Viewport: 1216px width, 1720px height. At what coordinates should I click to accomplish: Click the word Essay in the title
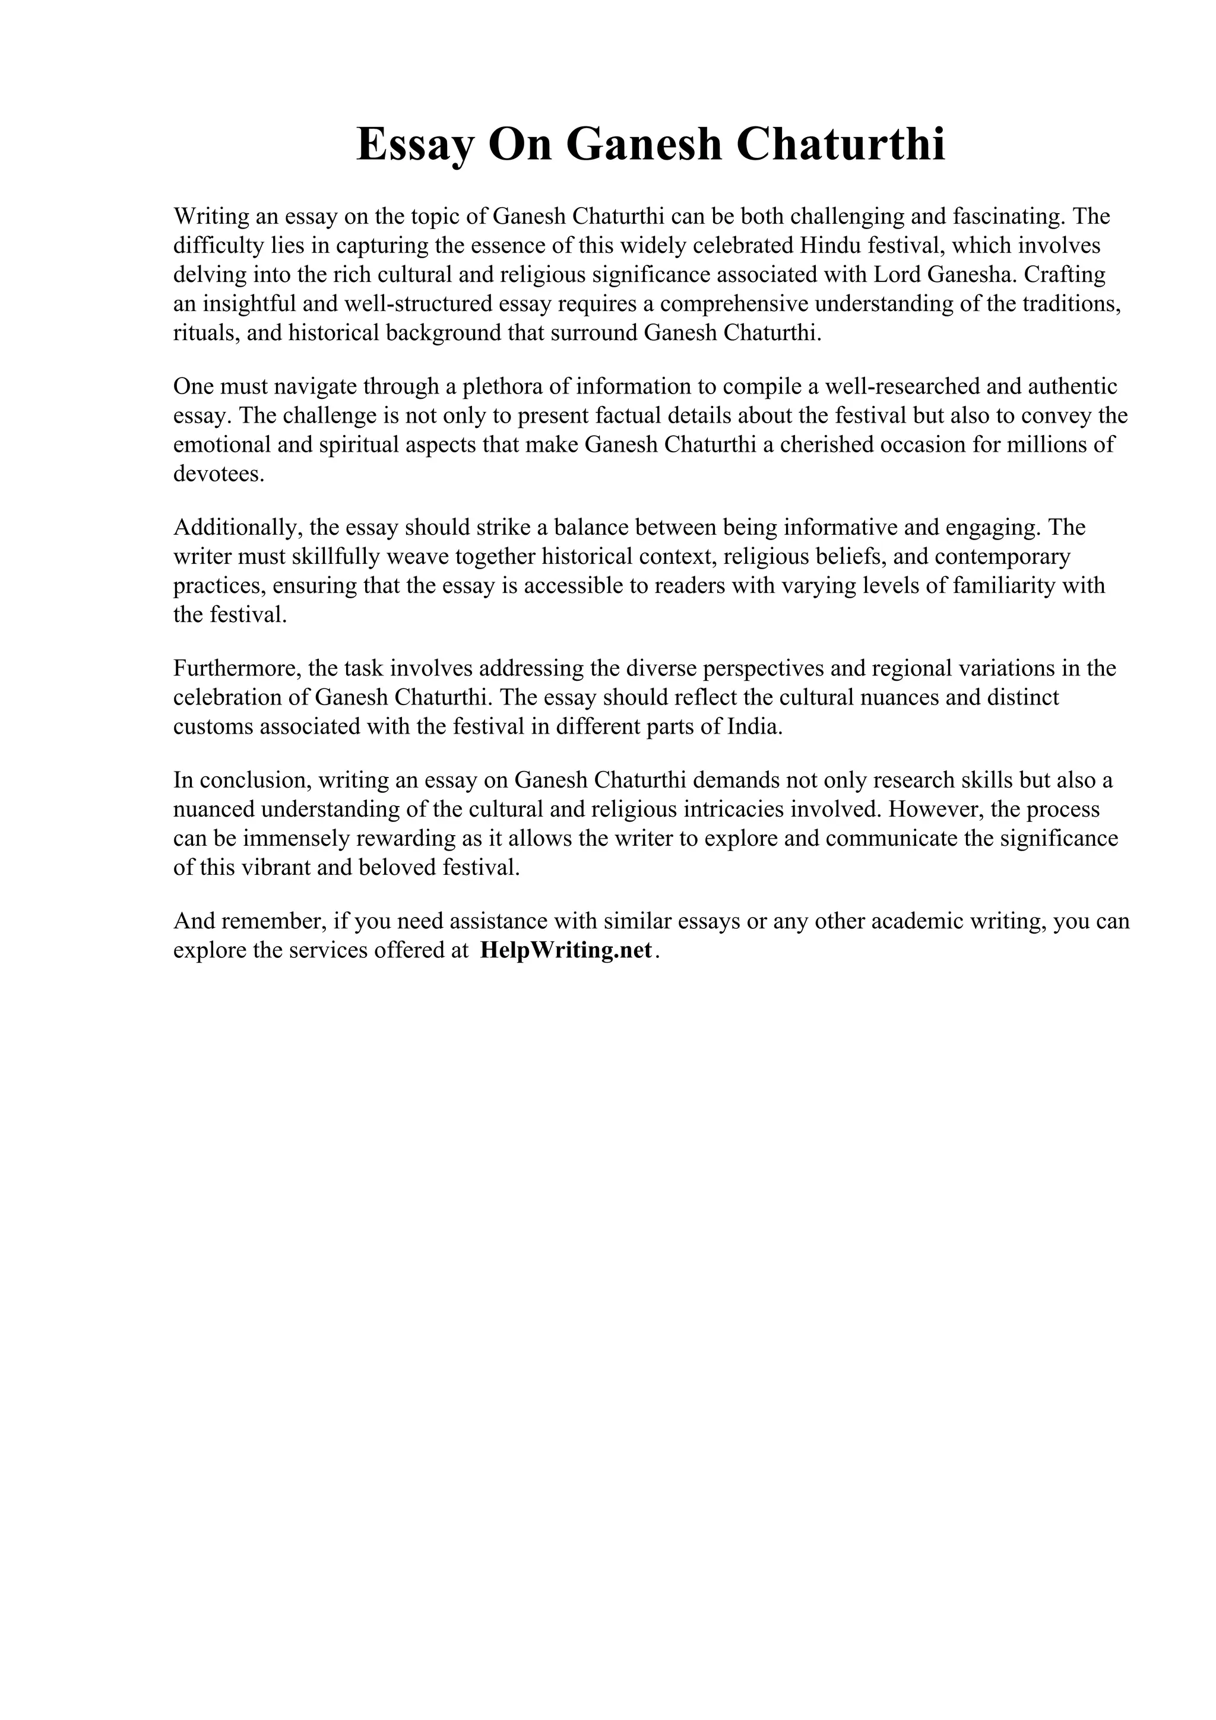coord(414,145)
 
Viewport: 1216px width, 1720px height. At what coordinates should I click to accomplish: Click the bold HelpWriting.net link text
coord(566,951)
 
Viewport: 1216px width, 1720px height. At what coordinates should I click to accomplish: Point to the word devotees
coord(218,474)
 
